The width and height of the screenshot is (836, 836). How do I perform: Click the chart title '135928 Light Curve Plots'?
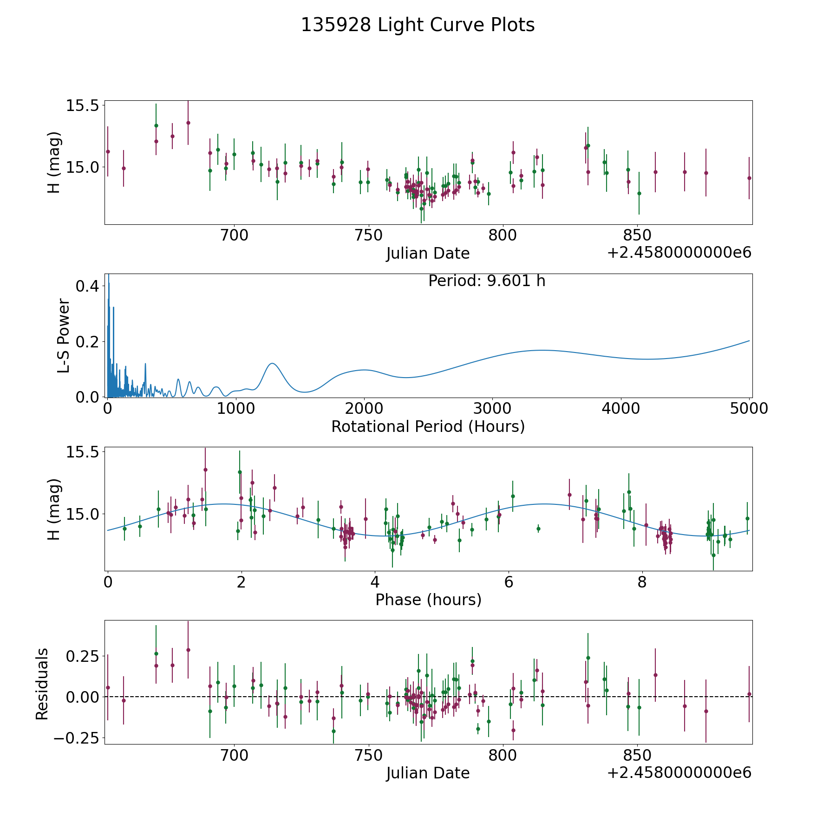click(418, 25)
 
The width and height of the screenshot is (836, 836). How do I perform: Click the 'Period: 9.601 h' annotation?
click(487, 281)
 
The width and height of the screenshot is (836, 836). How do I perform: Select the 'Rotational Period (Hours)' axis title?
click(428, 426)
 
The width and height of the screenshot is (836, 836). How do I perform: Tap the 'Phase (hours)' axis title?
click(428, 600)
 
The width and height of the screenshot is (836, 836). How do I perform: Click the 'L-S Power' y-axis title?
click(64, 335)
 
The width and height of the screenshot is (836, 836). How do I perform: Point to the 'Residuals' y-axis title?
click(42, 684)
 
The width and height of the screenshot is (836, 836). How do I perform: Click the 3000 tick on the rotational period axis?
click(492, 409)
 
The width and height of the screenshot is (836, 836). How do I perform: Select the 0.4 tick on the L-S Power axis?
click(87, 286)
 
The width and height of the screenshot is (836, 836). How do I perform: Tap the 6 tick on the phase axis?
click(509, 582)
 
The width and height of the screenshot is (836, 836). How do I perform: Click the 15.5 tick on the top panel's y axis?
click(82, 106)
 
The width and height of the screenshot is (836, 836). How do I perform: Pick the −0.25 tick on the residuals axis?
click(76, 738)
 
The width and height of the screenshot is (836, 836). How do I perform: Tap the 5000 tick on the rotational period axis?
click(749, 409)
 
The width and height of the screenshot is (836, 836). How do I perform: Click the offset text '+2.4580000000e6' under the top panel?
click(679, 253)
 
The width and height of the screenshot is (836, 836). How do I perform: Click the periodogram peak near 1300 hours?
click(272, 363)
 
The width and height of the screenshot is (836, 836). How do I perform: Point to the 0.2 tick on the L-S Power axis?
click(87, 342)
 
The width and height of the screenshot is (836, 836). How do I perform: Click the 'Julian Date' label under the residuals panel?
click(428, 773)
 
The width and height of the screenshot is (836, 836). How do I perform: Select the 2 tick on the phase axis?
click(241, 582)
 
